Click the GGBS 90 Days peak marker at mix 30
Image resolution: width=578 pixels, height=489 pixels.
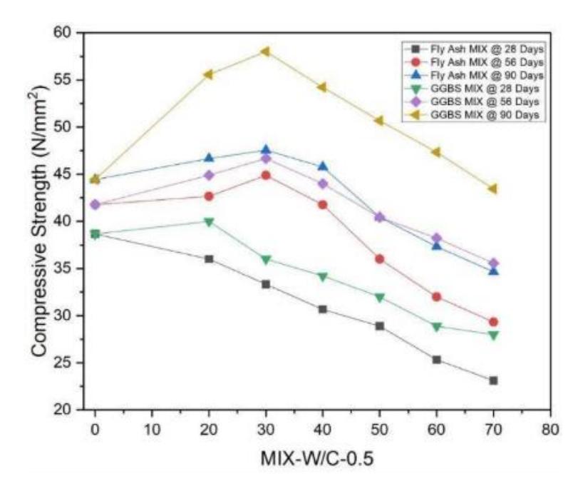265,51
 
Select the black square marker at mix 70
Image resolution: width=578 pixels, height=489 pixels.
493,380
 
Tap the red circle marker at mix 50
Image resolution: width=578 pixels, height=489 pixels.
379,259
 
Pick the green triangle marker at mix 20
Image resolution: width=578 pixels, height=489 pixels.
209,222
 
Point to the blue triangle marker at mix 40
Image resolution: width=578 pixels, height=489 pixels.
323,166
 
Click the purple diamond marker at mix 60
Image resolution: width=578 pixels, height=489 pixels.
436,238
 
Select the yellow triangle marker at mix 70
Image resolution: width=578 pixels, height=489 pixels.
493,188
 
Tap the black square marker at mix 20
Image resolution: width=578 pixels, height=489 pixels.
209,259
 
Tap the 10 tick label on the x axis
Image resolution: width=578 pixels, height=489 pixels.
152,430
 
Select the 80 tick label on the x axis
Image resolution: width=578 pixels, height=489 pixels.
550,430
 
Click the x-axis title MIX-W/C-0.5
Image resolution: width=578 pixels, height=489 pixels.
317,458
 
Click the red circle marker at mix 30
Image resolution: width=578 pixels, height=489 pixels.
265,176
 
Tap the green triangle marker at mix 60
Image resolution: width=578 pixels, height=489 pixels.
436,327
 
